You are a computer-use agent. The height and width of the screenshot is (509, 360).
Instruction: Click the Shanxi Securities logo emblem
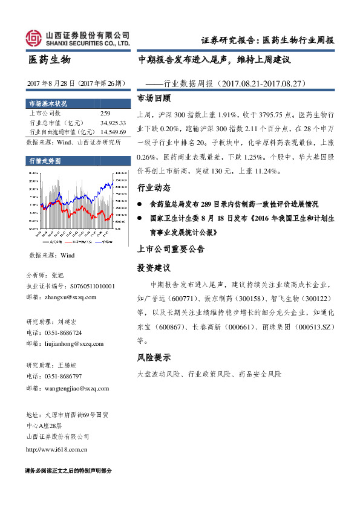coord(34,39)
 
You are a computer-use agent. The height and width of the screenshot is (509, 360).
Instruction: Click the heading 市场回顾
coord(154,98)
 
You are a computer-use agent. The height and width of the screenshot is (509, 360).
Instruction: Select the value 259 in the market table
coord(105,113)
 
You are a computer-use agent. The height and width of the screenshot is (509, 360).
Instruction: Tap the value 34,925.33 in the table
coord(113,122)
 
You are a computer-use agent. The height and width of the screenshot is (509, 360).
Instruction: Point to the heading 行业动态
coord(154,187)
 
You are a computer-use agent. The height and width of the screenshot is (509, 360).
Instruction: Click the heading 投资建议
coord(154,267)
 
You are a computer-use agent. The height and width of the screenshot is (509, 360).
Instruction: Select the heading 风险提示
coord(154,357)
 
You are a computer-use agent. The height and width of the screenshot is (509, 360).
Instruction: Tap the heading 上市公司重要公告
coord(171,248)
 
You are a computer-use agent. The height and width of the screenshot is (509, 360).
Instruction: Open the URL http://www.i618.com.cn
coord(57,449)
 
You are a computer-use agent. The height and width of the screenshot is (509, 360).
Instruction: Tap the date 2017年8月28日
coord(51,83)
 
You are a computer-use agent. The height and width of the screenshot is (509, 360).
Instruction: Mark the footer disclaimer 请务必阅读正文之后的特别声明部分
coord(68,470)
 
